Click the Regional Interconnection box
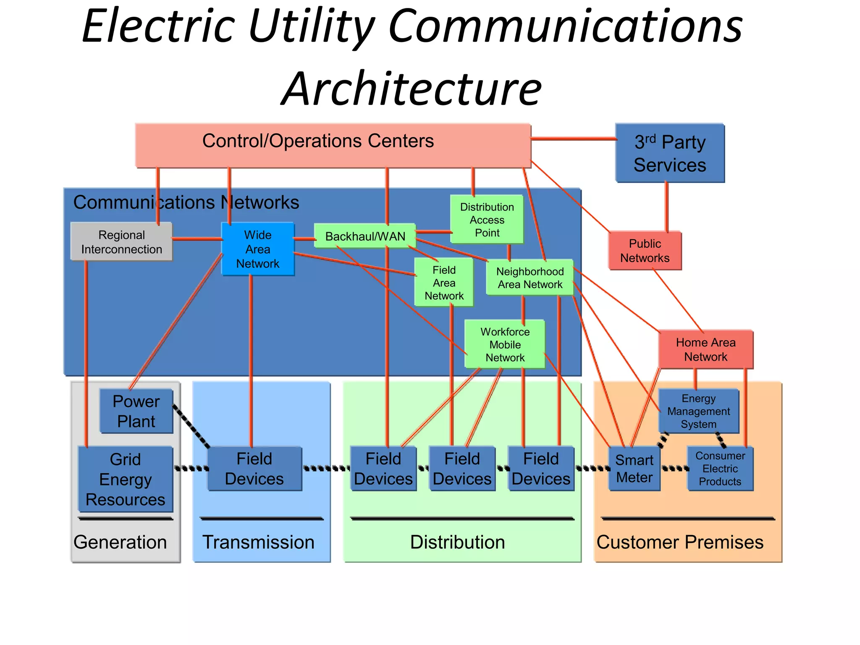point(121,242)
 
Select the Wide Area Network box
point(257,249)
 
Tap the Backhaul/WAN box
point(365,236)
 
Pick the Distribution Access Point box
point(487,220)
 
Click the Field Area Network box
point(444,283)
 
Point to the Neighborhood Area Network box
point(530,278)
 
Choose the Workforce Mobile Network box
point(505,344)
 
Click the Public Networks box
point(645,251)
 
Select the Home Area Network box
point(705,349)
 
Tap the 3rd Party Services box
point(670,153)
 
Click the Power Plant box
point(136,411)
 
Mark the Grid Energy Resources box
point(125,479)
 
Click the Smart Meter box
point(634,469)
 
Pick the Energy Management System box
point(698,411)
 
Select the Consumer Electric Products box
point(720,469)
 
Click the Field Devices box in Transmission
point(254,469)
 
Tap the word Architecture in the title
point(412,89)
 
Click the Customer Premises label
point(680,542)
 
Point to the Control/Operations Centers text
point(318,141)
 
